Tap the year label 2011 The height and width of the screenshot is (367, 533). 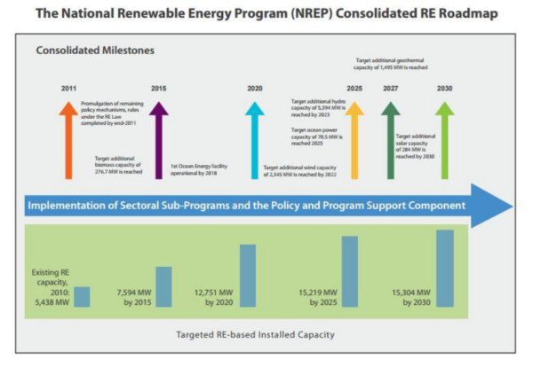69,89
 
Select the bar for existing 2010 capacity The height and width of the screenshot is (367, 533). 82,297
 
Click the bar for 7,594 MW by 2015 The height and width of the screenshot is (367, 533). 163,287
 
